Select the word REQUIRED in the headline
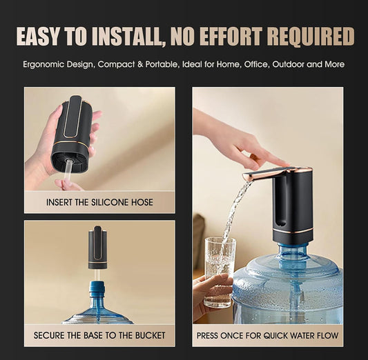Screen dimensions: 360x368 pos(315,36)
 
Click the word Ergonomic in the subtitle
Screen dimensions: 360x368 pos(43,65)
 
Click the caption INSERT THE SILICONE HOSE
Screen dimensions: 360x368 pos(99,202)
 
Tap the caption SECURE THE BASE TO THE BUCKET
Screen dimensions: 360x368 pos(99,335)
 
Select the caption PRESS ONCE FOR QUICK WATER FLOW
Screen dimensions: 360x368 pos(268,335)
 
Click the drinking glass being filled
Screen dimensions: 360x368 pos(220,269)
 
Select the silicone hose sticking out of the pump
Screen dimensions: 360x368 pos(69,172)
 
